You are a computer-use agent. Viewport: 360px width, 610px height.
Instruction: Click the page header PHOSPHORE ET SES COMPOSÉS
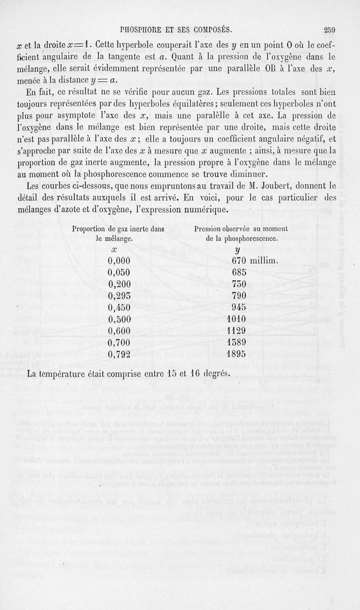coord(176,30)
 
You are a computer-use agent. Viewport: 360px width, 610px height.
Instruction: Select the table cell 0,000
coord(120,260)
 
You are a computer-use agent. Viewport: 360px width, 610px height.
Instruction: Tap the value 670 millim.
coord(255,260)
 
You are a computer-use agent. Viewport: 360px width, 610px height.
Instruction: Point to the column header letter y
coord(237,250)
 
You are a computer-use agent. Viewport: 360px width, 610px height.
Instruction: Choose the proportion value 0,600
coord(120,330)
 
